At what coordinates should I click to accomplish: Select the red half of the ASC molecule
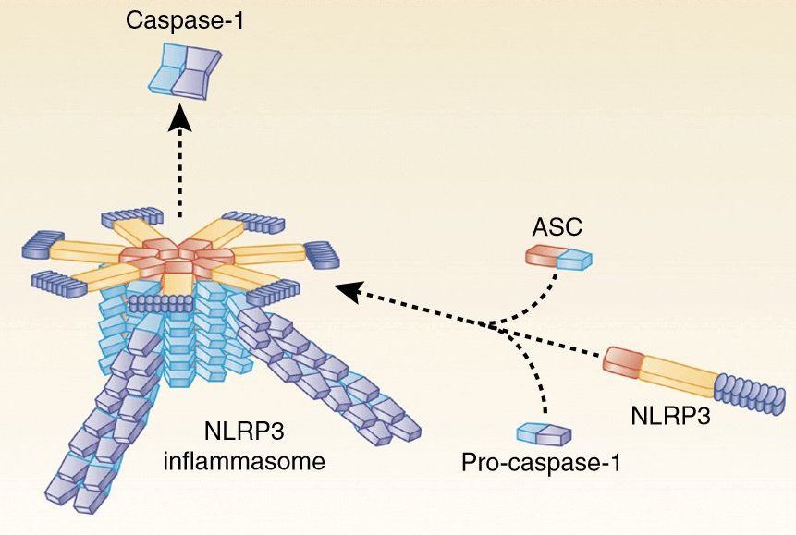point(541,256)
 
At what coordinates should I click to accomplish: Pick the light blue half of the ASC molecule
point(573,259)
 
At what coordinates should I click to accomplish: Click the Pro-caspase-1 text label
point(541,462)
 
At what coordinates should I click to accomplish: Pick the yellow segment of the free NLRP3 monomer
point(677,375)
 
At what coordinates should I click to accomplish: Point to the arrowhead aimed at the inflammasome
point(345,290)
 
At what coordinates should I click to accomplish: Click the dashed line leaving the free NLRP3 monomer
point(555,344)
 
